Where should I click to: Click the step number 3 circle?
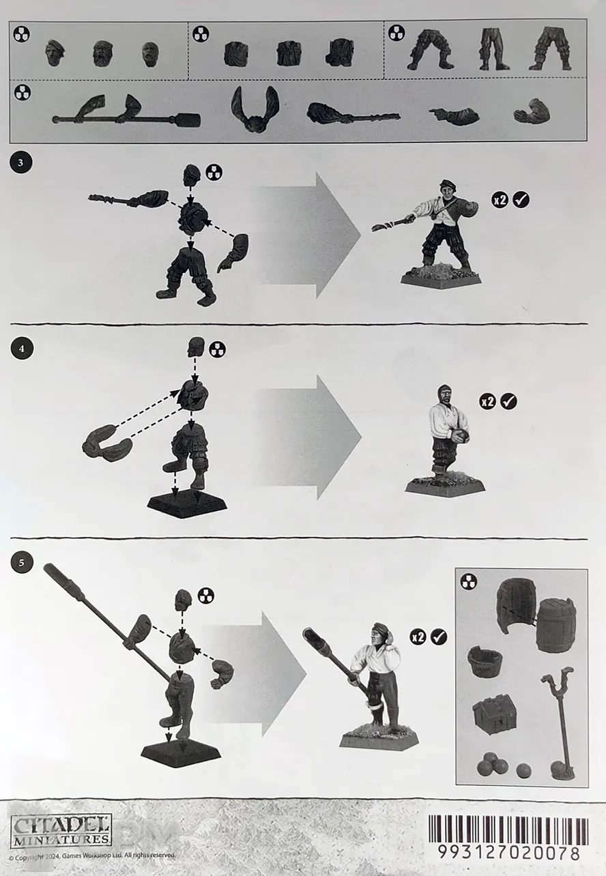click(x=20, y=162)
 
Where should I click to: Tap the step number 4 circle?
click(x=21, y=348)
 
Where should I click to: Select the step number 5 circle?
click(x=21, y=563)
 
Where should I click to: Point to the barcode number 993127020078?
click(x=508, y=853)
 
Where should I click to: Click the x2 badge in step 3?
click(x=500, y=200)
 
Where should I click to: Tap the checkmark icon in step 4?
click(x=508, y=401)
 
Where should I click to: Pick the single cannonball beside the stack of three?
click(x=525, y=770)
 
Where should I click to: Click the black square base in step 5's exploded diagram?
click(x=181, y=751)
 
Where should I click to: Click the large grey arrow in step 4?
click(x=310, y=437)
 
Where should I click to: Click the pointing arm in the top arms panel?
click(x=454, y=115)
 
